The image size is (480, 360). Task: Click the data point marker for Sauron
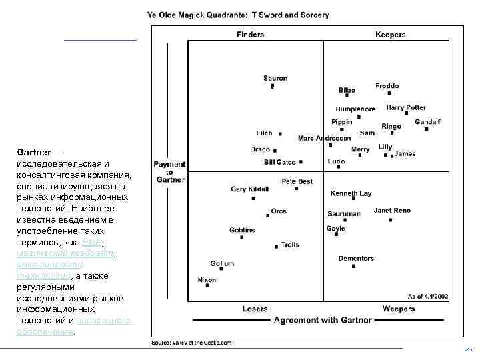click(272, 86)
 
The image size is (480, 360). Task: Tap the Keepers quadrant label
click(391, 35)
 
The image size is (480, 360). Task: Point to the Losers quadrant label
click(255, 309)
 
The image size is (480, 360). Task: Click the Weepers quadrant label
click(399, 309)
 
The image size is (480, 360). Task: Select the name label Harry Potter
click(406, 107)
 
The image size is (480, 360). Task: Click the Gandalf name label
click(427, 122)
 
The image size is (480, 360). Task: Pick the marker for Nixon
click(207, 286)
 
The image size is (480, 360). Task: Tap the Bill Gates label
click(279, 162)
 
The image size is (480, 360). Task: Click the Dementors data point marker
click(353, 266)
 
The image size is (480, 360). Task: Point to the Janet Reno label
click(392, 211)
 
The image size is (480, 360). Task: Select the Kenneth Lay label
click(351, 193)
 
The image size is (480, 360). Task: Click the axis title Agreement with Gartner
click(323, 320)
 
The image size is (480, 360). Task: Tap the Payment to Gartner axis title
click(169, 171)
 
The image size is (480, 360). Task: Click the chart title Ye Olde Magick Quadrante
click(237, 15)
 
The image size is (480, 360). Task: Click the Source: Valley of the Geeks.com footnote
click(191, 343)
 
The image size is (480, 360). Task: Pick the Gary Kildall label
click(249, 189)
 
